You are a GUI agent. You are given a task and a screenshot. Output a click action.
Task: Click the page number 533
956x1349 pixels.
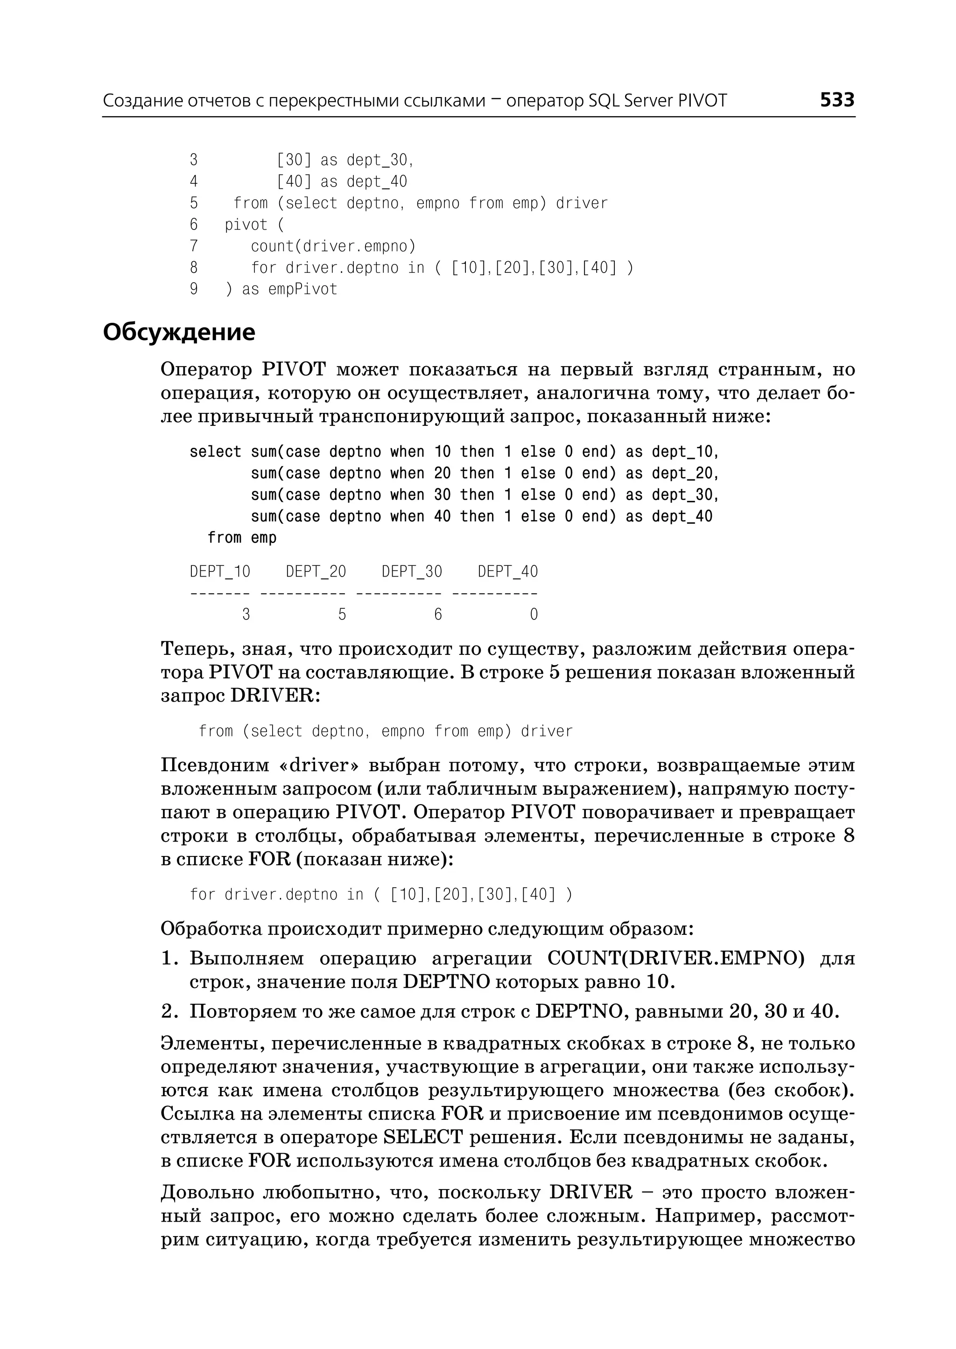(836, 100)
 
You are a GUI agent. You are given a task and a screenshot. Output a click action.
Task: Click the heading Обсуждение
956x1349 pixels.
(179, 333)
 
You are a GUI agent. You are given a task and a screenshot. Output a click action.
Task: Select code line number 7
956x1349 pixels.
(194, 246)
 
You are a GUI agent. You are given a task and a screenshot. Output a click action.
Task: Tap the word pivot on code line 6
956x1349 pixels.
(246, 225)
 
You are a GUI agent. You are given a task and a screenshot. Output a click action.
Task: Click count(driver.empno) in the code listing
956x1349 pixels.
(333, 246)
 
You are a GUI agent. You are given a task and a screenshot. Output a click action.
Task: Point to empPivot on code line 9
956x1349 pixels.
(302, 290)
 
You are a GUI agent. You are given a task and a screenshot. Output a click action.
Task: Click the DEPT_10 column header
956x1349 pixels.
(219, 571)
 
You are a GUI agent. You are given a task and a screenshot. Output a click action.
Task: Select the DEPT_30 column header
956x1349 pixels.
(411, 571)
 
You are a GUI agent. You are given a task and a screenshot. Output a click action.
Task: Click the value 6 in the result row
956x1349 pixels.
(438, 615)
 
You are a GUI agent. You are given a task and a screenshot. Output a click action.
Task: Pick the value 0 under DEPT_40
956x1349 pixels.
(534, 615)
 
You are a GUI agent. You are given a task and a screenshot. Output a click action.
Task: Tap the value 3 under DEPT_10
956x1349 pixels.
(246, 615)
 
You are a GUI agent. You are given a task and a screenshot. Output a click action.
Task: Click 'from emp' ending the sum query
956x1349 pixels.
(241, 538)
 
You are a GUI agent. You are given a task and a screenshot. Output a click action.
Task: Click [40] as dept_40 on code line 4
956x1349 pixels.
(341, 182)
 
